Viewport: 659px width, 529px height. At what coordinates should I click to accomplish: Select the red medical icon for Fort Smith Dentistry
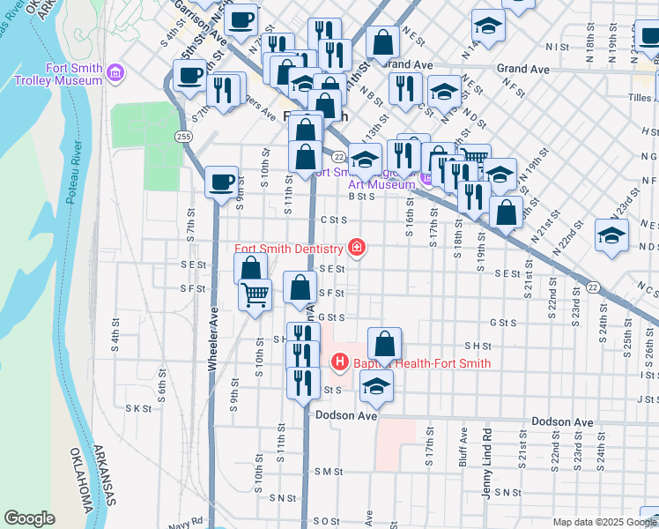coord(357,249)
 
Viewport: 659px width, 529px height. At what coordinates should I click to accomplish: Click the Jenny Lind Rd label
coord(486,463)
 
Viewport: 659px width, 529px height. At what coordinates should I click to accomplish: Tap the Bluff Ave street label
coord(463,447)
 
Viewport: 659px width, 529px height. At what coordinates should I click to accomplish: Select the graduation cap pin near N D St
coord(611,235)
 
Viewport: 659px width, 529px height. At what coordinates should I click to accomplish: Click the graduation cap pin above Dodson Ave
coord(376,385)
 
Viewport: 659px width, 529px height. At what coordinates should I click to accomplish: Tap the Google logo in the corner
coord(30,518)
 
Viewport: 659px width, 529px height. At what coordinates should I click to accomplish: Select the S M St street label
coord(326,472)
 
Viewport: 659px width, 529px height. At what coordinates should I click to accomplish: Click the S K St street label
coord(139,408)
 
